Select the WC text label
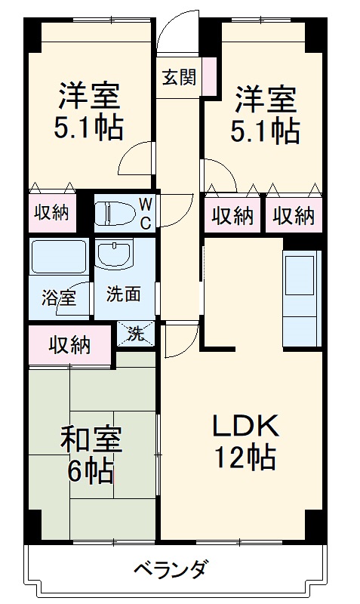pyautogui.click(x=146, y=212)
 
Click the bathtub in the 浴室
pyautogui.click(x=58, y=257)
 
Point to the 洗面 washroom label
pyautogui.click(x=122, y=294)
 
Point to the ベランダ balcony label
pyautogui.click(x=172, y=568)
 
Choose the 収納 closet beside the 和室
pyautogui.click(x=70, y=346)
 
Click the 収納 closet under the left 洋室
pyautogui.click(x=51, y=213)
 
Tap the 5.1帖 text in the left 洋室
pyautogui.click(x=88, y=130)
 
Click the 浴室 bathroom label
pyautogui.click(x=58, y=297)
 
